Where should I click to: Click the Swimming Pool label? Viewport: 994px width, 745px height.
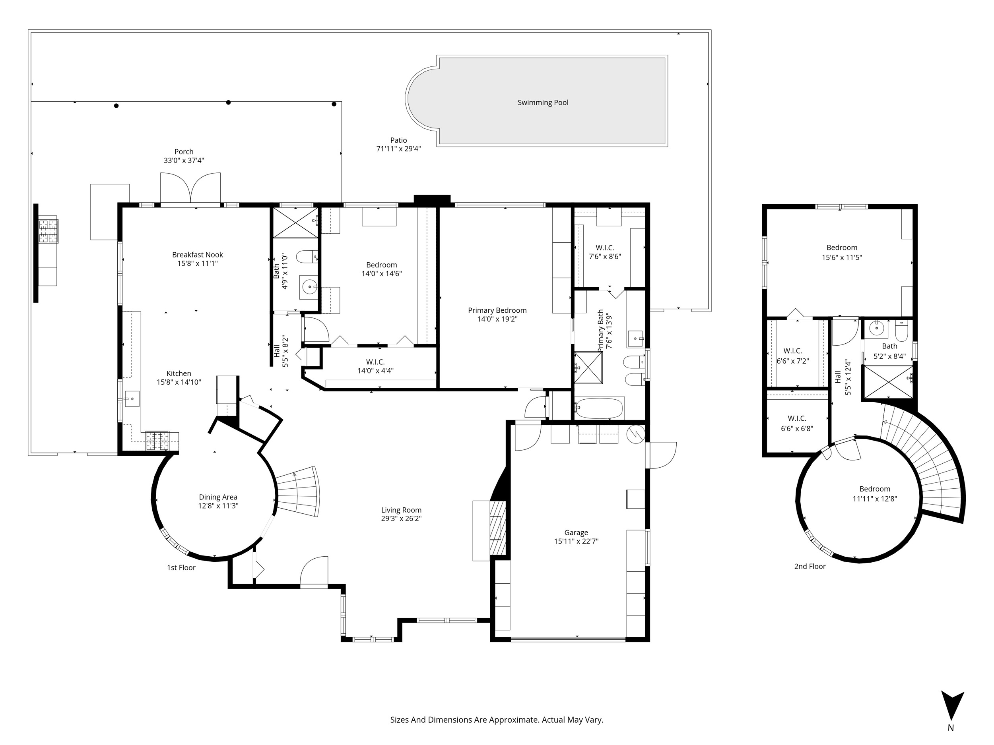click(x=543, y=103)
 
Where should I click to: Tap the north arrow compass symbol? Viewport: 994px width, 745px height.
click(x=952, y=706)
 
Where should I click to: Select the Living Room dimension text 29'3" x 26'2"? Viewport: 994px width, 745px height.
click(x=401, y=518)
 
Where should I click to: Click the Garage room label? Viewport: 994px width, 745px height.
click(x=576, y=532)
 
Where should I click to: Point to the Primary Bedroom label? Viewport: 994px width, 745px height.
click(x=497, y=310)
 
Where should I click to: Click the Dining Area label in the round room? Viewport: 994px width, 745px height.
click(x=218, y=497)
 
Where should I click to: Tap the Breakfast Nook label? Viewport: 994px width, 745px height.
click(x=197, y=255)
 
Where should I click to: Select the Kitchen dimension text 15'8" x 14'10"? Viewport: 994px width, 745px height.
click(x=179, y=382)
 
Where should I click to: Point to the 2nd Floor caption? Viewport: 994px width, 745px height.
click(x=810, y=566)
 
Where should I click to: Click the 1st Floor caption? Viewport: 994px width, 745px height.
click(x=181, y=568)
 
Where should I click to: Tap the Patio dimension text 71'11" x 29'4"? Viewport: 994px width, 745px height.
click(x=398, y=149)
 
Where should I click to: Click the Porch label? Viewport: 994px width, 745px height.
click(x=184, y=152)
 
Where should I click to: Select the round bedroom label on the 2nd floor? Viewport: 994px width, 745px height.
click(x=874, y=489)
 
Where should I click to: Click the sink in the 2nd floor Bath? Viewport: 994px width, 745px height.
click(x=877, y=329)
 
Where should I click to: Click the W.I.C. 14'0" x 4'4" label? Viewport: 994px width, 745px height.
click(x=375, y=366)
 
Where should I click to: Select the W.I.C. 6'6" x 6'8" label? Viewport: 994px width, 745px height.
click(x=797, y=423)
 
